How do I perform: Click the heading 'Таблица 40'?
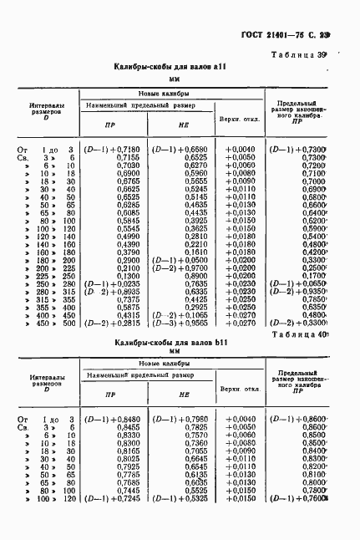[309, 334]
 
